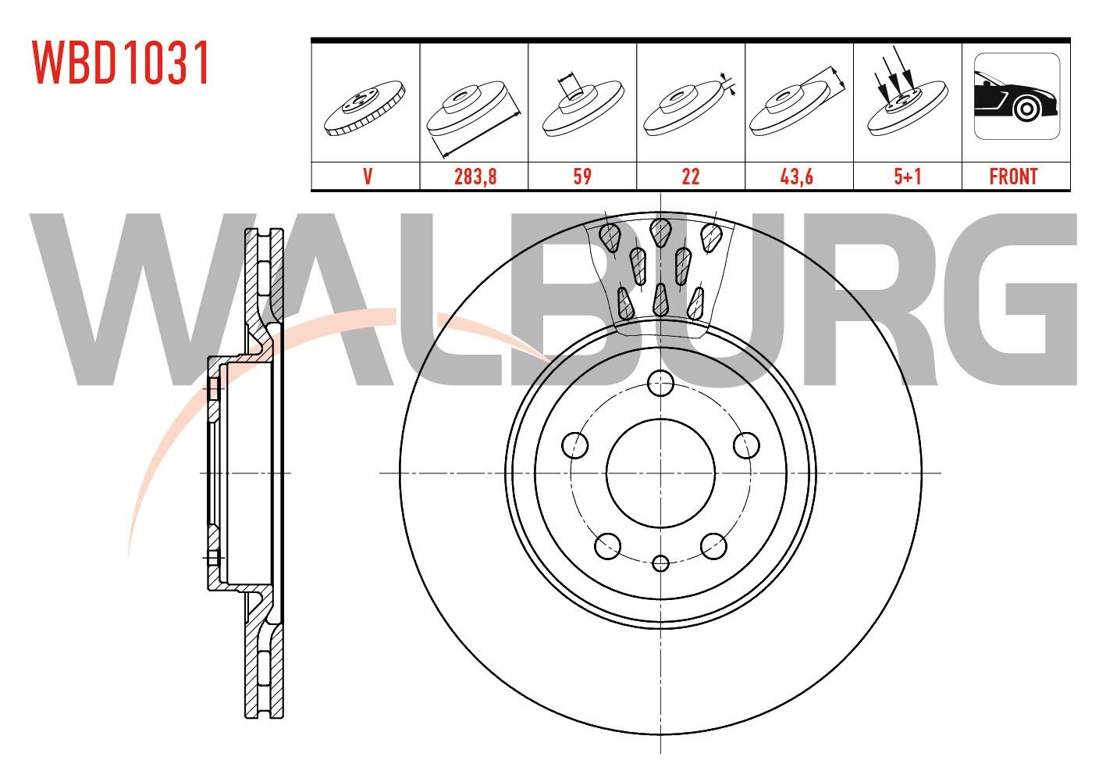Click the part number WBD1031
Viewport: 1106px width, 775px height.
coord(121,63)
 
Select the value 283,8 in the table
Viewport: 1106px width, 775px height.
coord(475,177)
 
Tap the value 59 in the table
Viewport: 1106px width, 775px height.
coord(582,177)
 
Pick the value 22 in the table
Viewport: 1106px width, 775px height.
coord(691,177)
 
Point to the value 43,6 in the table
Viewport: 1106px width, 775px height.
coord(798,177)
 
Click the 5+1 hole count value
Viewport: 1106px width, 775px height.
coord(907,177)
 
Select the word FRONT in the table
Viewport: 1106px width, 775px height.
coord(1013,177)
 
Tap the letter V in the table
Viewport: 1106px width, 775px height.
coord(367,177)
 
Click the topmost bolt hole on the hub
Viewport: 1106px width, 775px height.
coord(661,383)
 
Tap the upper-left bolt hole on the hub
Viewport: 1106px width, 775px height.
coord(575,445)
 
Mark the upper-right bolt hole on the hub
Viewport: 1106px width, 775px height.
coord(747,445)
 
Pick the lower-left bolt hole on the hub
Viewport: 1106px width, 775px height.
coord(607,546)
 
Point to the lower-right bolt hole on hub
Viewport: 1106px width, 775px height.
coord(714,546)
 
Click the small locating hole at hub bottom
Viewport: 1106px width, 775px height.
coord(661,562)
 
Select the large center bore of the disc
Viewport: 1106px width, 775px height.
coord(661,473)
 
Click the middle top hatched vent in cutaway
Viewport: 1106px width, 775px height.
coord(661,230)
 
